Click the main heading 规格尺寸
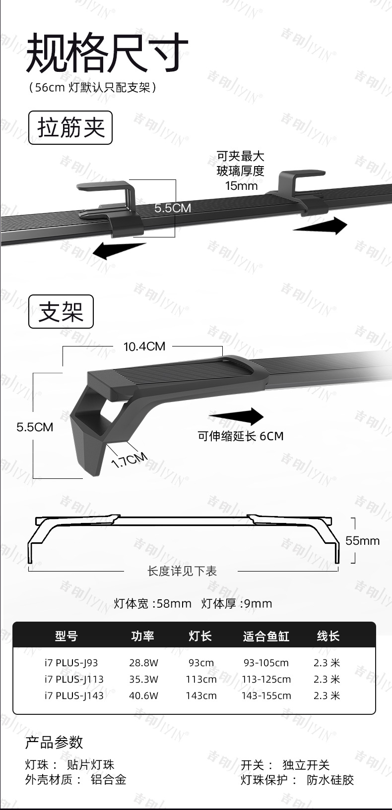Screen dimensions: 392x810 pyautogui.click(x=107, y=53)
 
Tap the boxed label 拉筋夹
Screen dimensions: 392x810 pyautogui.click(x=70, y=128)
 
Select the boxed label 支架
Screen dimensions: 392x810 pyautogui.click(x=61, y=312)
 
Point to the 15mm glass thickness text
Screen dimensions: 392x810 pyautogui.click(x=241, y=186)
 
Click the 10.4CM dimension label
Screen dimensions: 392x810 pyautogui.click(x=144, y=347)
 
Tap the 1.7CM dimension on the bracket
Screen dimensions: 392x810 pyautogui.click(x=129, y=460)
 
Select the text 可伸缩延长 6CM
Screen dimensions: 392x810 pyautogui.click(x=240, y=436)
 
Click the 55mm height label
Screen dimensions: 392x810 pyautogui.click(x=362, y=541)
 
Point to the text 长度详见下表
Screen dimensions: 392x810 pyautogui.click(x=182, y=571)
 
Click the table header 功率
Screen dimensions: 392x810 pyautogui.click(x=143, y=636)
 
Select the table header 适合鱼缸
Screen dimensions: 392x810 pyautogui.click(x=266, y=636)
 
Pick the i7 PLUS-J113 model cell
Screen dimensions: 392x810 pyautogui.click(x=74, y=679)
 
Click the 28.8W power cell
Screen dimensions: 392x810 pyautogui.click(x=143, y=663)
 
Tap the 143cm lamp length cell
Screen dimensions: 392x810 pyautogui.click(x=201, y=695)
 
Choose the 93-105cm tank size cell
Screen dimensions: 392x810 pyautogui.click(x=266, y=663)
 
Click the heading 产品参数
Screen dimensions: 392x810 pyautogui.click(x=54, y=742)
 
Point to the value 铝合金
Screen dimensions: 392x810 pyautogui.click(x=108, y=780)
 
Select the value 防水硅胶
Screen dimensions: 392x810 pyautogui.click(x=330, y=780)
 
